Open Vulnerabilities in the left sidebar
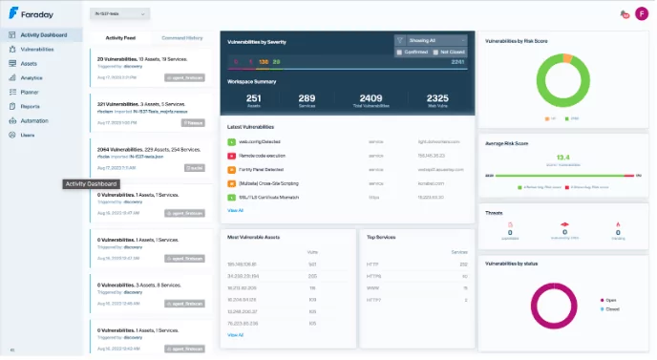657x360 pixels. (36, 48)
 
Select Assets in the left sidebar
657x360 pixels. (29, 63)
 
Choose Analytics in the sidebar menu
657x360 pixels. (32, 77)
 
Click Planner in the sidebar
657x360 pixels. (31, 92)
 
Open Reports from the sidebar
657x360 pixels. (31, 106)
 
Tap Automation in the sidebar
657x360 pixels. (34, 120)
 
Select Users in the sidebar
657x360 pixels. (28, 135)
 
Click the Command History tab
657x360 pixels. (181, 37)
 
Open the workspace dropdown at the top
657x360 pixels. (118, 14)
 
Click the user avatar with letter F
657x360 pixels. (642, 14)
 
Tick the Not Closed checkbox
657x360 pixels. (434, 52)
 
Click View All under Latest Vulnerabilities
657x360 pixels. (235, 210)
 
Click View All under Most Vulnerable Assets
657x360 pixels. (235, 335)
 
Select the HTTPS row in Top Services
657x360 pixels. (375, 272)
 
